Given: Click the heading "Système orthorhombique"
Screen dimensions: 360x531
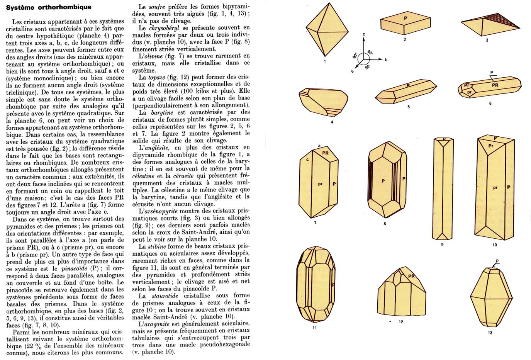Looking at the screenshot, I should [49, 7].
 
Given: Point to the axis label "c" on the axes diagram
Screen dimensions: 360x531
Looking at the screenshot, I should [364, 35].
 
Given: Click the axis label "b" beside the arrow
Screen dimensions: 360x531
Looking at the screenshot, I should [386, 60].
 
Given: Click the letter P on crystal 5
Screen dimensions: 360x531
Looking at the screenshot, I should [408, 86].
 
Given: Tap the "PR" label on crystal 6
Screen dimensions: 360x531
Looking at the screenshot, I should [495, 85].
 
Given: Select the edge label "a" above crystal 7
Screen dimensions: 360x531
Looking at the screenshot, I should [319, 145].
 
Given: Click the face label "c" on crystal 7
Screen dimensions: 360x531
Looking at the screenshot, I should [307, 160].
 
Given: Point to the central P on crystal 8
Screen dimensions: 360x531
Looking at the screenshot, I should [383, 181].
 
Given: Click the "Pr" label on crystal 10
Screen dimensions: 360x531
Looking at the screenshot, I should [491, 146].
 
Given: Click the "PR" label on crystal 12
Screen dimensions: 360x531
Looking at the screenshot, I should [411, 276].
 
